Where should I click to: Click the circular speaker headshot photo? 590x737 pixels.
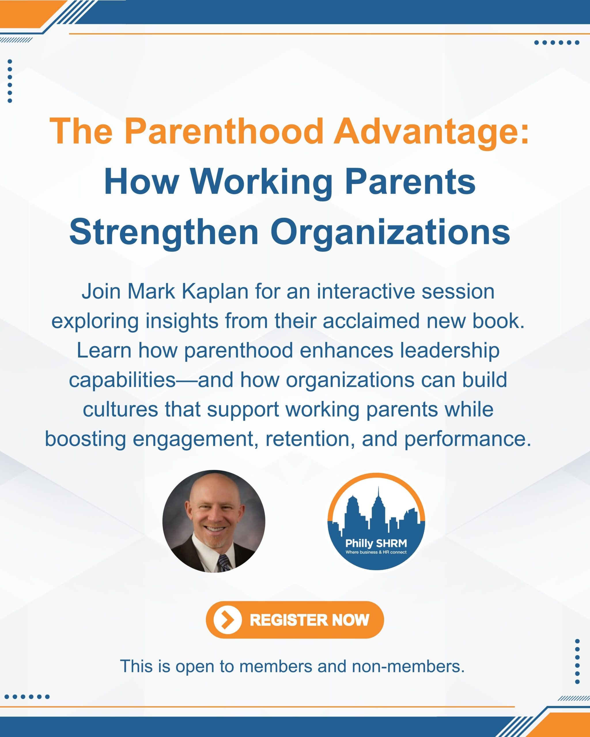click(x=214, y=521)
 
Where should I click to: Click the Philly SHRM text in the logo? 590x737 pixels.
click(x=376, y=543)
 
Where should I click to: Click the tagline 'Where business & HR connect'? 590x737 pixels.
click(x=376, y=552)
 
